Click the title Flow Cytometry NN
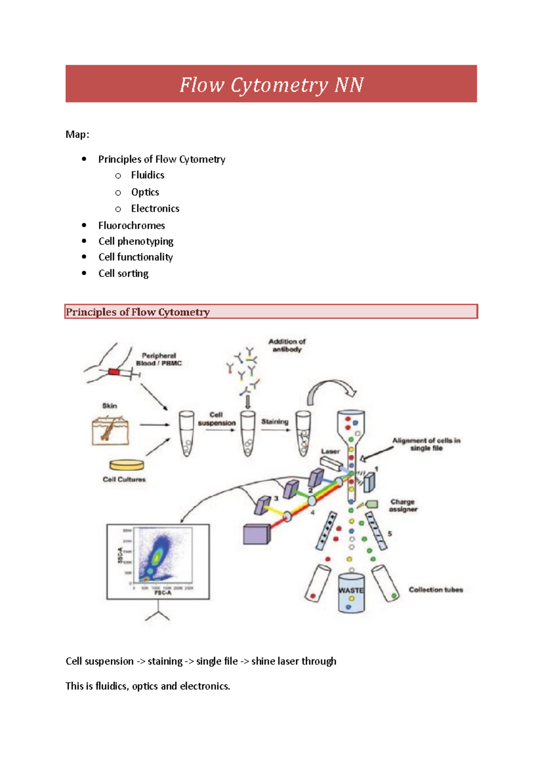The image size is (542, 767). [x=271, y=84]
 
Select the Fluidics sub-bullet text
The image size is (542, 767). [x=147, y=175]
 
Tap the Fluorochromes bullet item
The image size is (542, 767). [x=131, y=225]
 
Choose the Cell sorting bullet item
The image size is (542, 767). [x=123, y=274]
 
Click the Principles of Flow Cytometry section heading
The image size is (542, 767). [x=138, y=312]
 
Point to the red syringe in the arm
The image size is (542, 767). [x=114, y=372]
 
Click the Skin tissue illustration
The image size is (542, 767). [x=110, y=430]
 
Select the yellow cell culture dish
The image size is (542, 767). [x=126, y=464]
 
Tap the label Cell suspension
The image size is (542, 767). [x=216, y=419]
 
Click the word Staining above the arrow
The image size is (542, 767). [x=274, y=421]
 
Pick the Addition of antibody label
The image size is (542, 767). [x=287, y=345]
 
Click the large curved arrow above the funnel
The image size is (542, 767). [x=332, y=389]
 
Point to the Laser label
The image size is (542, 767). [x=330, y=451]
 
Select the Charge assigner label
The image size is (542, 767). [x=403, y=505]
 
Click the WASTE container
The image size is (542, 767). [x=351, y=593]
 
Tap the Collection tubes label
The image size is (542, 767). [x=435, y=589]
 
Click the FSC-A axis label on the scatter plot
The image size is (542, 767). [x=163, y=593]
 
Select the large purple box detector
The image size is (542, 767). [x=256, y=534]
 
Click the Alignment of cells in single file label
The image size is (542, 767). [x=426, y=444]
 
